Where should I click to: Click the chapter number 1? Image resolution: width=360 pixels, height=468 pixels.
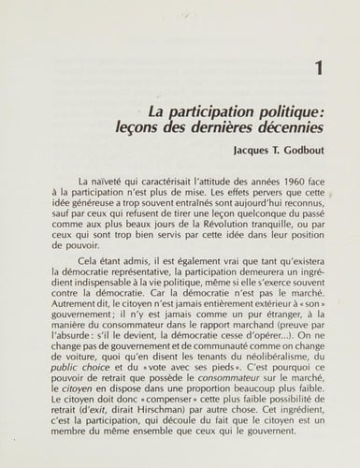point(320,67)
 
